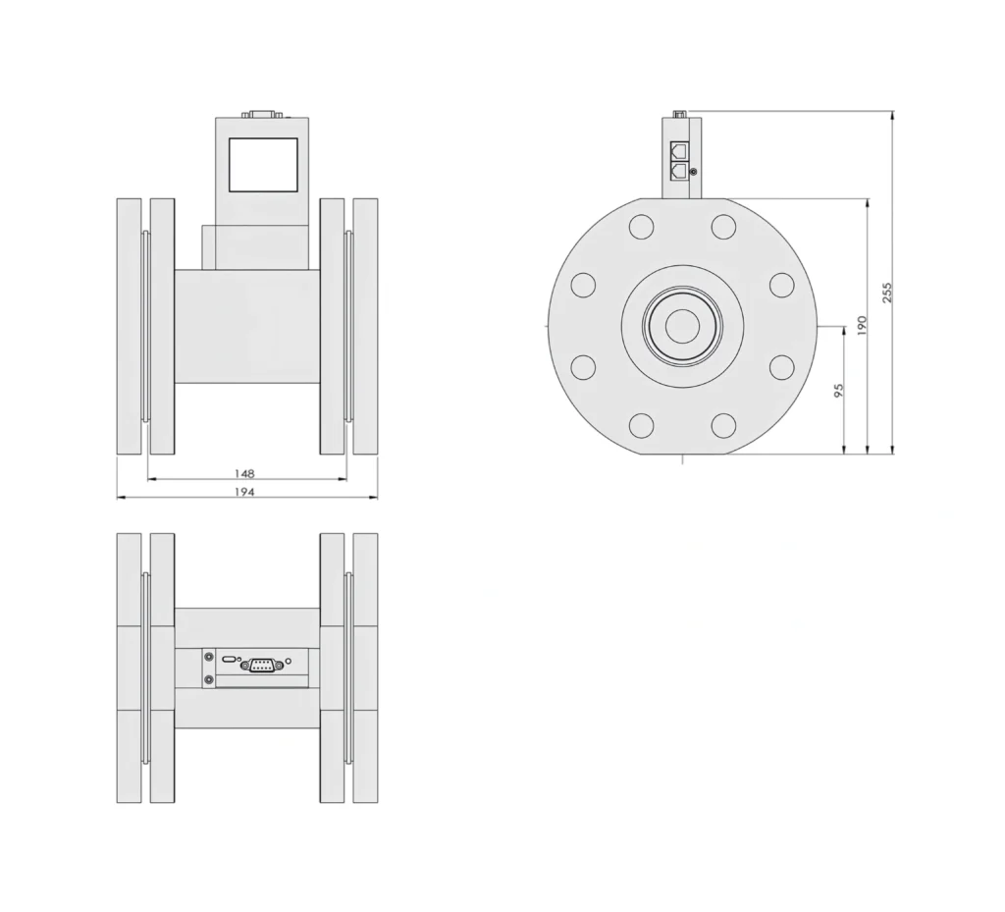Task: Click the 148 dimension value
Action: click(x=244, y=472)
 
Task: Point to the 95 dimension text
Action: click(x=838, y=391)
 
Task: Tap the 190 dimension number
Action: click(x=862, y=326)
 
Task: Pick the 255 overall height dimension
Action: click(x=887, y=292)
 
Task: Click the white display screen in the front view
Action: click(x=262, y=164)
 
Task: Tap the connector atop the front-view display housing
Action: click(x=262, y=114)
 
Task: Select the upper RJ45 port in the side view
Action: click(x=678, y=151)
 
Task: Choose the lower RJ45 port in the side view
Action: click(x=678, y=171)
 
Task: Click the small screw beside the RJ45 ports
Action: click(x=695, y=173)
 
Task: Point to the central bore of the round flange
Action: click(x=682, y=326)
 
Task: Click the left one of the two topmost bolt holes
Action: click(x=641, y=226)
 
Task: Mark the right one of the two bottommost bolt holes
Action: click(x=723, y=425)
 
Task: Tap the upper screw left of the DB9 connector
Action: click(x=208, y=658)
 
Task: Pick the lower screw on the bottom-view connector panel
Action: click(x=208, y=679)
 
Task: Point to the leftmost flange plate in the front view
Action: click(x=129, y=326)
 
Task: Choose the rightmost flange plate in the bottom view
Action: click(x=365, y=668)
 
